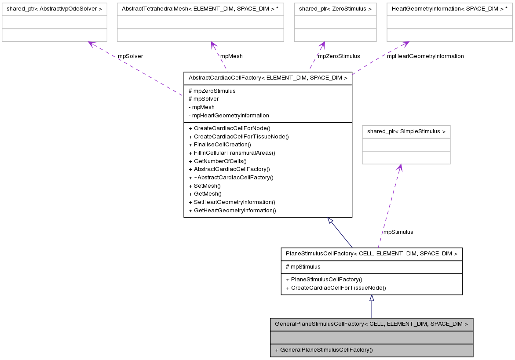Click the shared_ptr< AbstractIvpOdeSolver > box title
pos(54,8)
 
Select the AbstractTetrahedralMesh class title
pos(200,8)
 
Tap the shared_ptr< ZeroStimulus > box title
pos(335,8)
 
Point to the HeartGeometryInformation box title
pos(449,8)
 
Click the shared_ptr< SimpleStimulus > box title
pos(406,131)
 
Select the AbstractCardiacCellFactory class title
pos(268,78)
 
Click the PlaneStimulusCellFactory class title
pos(371,254)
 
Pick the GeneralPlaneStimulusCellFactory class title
pos(371,324)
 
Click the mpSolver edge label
pos(130,56)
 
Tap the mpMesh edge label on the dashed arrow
pos(231,56)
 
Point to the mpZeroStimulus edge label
pos(339,56)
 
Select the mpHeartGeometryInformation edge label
pos(425,56)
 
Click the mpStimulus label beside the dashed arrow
pos(398,232)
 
